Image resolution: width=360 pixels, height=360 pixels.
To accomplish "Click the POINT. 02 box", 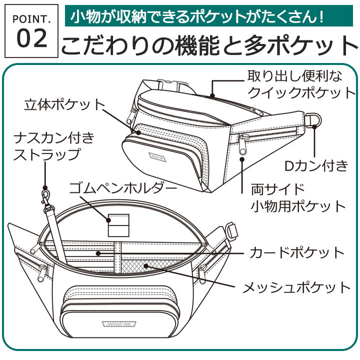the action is (x=31, y=31).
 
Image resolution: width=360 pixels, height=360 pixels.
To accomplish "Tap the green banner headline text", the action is (x=197, y=16).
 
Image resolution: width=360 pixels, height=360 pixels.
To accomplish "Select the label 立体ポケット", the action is (x=64, y=104).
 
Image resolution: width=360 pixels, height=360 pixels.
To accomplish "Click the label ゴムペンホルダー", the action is (x=123, y=188).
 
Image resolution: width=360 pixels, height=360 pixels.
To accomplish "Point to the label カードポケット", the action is (x=297, y=252).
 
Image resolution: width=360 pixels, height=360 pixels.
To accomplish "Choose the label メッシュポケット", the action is (x=296, y=287).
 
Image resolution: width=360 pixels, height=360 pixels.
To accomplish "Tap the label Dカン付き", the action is (x=316, y=165).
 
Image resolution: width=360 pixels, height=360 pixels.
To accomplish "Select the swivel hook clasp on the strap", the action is (x=46, y=197).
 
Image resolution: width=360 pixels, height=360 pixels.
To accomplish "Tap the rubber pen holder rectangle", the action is (x=118, y=225).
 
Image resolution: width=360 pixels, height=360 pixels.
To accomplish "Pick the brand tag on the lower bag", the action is (x=119, y=324).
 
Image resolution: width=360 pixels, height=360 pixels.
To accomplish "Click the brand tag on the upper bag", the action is (x=157, y=157).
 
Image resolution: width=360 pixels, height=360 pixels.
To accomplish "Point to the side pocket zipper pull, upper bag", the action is (x=243, y=143).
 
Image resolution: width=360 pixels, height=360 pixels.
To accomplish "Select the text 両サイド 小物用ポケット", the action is (x=298, y=198).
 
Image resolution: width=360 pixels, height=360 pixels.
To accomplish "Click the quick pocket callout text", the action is (x=301, y=84).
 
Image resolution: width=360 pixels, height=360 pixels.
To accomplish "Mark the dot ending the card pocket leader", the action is (x=98, y=253).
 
